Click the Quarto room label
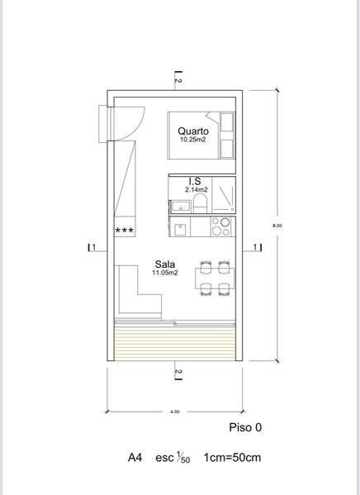point(193,131)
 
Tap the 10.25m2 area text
point(193,140)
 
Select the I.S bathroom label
point(196,181)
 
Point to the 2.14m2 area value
point(196,189)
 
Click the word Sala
point(162,264)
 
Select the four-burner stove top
point(221,227)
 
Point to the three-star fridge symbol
point(126,231)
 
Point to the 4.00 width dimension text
point(175,411)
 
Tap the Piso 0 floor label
point(244,428)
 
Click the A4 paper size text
point(135,457)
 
